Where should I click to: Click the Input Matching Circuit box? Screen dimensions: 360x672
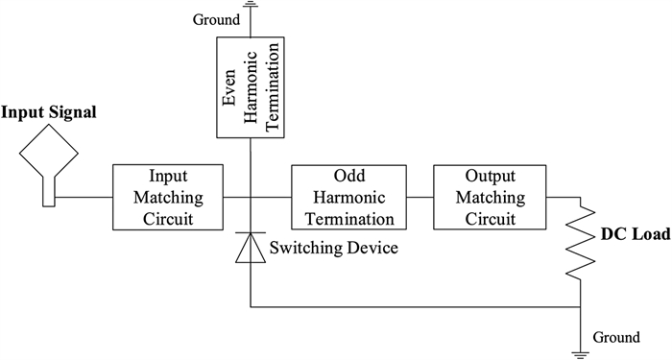168,198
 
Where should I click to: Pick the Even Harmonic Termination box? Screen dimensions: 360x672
251,85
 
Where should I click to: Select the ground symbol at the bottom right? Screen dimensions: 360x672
581,350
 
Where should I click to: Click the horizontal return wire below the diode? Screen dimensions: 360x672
413,308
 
